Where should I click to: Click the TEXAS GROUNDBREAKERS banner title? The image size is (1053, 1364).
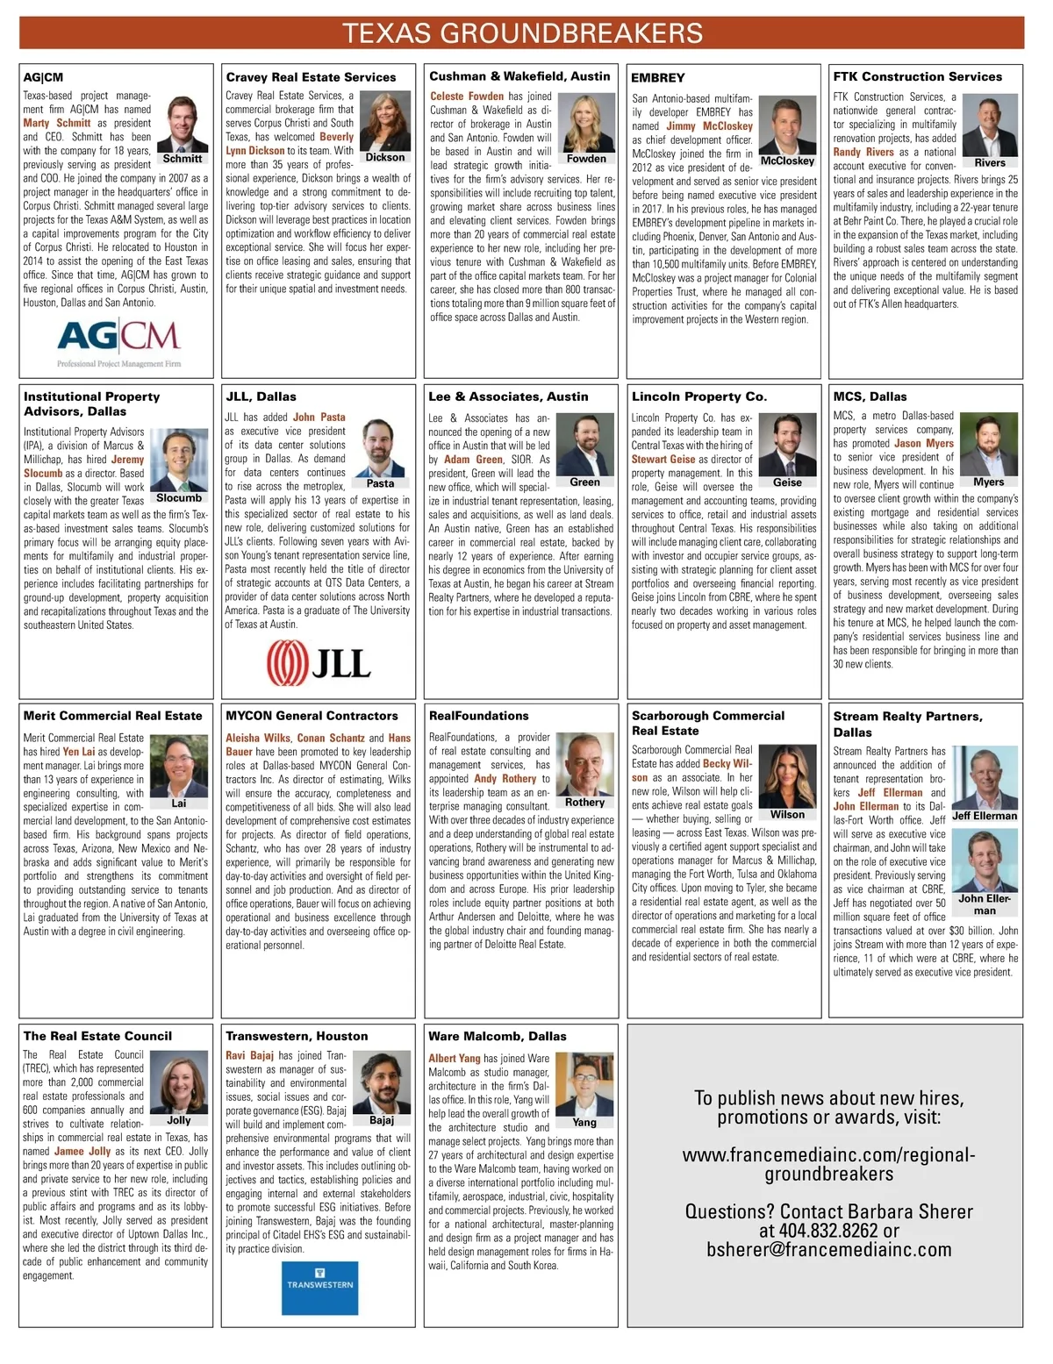(x=522, y=33)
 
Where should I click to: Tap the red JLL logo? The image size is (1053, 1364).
(x=319, y=661)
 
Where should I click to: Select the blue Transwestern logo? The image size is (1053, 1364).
(x=319, y=1287)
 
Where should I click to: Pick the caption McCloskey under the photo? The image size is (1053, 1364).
(x=787, y=161)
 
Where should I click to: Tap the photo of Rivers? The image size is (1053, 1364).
(x=989, y=125)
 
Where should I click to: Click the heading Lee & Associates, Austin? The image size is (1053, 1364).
(x=508, y=396)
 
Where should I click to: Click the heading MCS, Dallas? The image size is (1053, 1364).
(x=870, y=396)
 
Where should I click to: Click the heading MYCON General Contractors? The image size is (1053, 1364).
(x=312, y=716)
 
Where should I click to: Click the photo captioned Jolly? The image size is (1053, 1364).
(x=179, y=1082)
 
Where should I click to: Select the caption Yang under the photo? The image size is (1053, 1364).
(x=584, y=1122)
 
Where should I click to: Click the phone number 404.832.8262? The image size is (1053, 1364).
(x=828, y=1231)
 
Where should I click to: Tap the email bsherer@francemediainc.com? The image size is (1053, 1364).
(x=828, y=1249)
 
